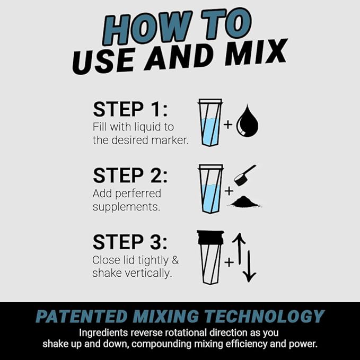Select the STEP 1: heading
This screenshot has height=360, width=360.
pos(130,109)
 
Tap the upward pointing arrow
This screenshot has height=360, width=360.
pos(239,249)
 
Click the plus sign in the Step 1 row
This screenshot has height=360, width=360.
pos(227,126)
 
